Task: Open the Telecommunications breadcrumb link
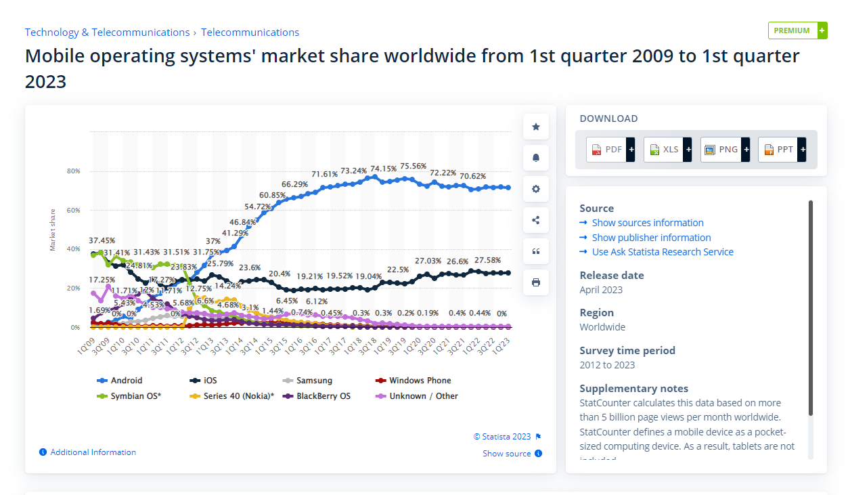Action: point(250,33)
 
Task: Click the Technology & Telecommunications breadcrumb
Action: point(107,33)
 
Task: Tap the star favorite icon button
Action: point(536,127)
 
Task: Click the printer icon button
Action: point(536,282)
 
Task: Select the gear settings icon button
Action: point(536,189)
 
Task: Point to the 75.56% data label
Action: point(413,166)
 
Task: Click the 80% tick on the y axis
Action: point(73,171)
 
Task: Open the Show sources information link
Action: point(648,223)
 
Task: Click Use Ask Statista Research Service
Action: point(663,252)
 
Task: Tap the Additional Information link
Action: point(93,452)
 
